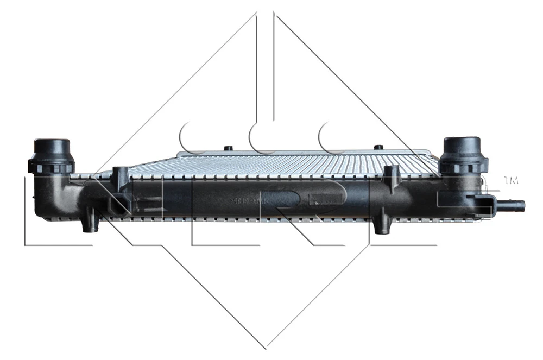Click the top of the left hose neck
coord(52,142)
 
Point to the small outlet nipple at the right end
coord(513,206)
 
